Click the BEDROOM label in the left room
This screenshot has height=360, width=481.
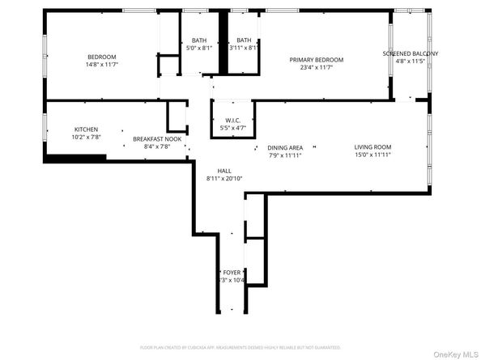coord(103,57)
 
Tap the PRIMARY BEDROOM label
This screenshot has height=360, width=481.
coord(317,60)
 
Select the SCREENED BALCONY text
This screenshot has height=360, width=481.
coord(411,53)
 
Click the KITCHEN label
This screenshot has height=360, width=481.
coord(87,129)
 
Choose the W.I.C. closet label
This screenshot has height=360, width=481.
coord(232,120)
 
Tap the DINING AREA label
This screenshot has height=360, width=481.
coord(285,147)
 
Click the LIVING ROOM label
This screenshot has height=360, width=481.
coord(372,147)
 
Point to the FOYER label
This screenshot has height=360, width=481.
coord(232,273)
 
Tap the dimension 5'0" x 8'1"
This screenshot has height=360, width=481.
coord(198,48)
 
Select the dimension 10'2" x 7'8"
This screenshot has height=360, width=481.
coord(87,137)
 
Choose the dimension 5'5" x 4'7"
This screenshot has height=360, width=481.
coord(232,127)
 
